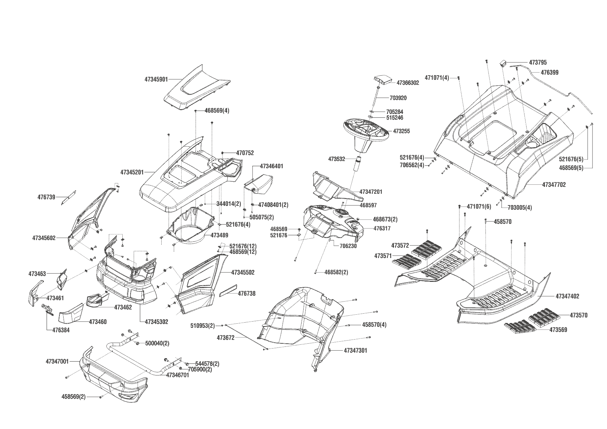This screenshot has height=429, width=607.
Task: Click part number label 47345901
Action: tap(156, 79)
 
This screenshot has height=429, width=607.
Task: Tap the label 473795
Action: tap(538, 63)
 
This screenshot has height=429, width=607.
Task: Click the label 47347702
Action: tap(554, 185)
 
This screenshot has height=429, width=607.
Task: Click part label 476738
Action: tap(247, 293)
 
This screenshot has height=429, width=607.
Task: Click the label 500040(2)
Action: tap(157, 343)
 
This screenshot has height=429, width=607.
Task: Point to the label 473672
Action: tap(226, 337)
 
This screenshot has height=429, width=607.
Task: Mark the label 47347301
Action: tap(355, 350)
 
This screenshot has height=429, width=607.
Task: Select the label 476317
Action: tap(382, 228)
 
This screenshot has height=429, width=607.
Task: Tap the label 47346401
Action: tap(272, 166)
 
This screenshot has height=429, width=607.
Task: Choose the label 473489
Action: tap(219, 235)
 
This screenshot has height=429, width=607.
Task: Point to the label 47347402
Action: tap(568, 296)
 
